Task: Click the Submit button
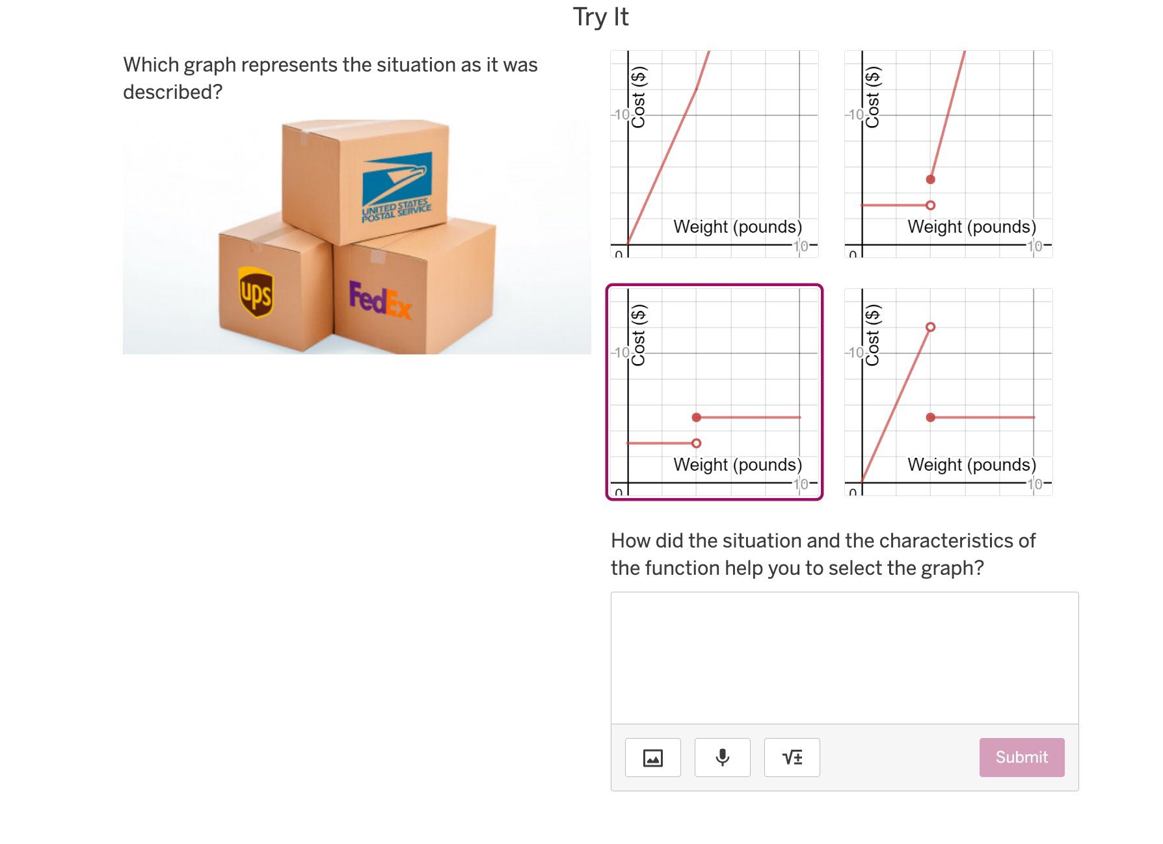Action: [1021, 757]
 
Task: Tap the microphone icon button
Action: [722, 757]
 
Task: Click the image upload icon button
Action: [652, 757]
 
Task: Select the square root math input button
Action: [792, 757]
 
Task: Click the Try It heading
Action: [600, 17]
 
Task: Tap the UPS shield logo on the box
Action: [256, 293]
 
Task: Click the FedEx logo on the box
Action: [380, 300]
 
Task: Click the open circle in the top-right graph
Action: [930, 205]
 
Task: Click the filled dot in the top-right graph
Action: [930, 179]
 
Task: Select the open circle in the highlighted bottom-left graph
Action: [696, 443]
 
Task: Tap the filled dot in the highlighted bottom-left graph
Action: [696, 417]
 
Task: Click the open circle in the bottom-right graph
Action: [930, 327]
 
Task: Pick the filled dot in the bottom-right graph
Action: [930, 417]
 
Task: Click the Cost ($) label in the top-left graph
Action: [638, 98]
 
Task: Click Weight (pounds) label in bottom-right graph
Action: [971, 464]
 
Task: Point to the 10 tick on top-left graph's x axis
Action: [801, 246]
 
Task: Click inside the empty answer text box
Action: [844, 657]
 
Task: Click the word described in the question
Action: [172, 92]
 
